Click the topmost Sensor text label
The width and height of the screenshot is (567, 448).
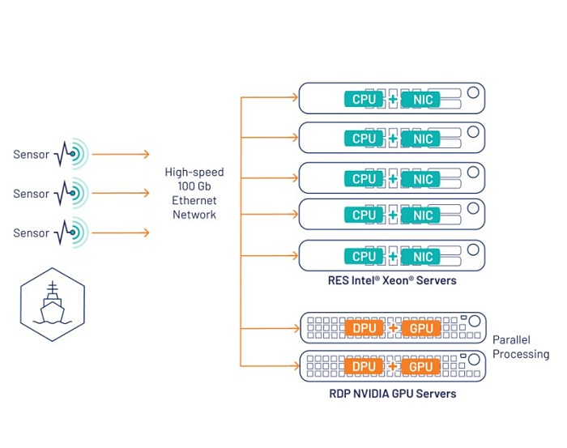[31, 154]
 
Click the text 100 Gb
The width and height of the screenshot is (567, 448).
[194, 186]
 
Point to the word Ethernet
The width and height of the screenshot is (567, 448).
[194, 200]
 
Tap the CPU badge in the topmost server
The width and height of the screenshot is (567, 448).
[364, 99]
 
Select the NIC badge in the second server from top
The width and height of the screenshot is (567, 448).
[422, 139]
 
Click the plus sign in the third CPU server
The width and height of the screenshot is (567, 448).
[393, 179]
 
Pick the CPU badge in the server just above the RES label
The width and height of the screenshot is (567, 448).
[364, 256]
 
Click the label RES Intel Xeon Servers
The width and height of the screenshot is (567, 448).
[392, 281]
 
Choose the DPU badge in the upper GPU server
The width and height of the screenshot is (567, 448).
[364, 329]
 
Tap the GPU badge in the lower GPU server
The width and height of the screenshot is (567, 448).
[422, 366]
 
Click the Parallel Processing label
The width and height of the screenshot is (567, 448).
[520, 347]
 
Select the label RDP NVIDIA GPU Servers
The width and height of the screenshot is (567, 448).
[392, 394]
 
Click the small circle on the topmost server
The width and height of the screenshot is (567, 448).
[472, 93]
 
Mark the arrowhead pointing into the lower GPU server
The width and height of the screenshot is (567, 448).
[295, 367]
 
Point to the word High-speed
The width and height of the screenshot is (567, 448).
[194, 173]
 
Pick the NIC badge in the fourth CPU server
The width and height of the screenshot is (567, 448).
[422, 215]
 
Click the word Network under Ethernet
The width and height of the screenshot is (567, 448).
[194, 215]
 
